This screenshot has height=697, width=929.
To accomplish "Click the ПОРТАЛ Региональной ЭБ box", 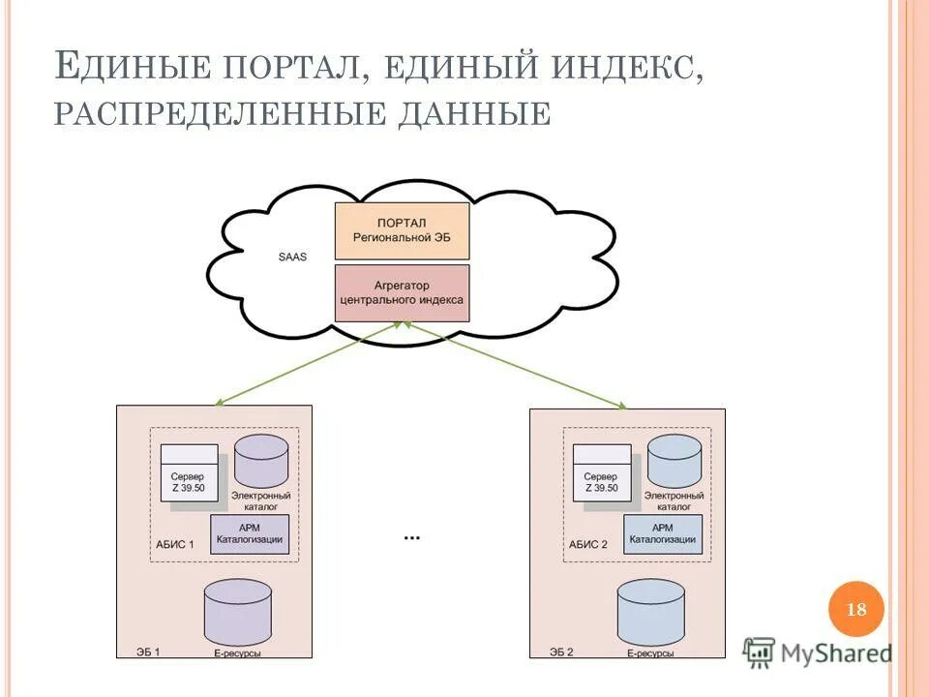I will [402, 229].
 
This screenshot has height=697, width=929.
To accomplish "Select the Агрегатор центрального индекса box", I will [402, 293].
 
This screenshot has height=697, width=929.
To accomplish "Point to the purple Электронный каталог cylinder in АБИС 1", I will [261, 461].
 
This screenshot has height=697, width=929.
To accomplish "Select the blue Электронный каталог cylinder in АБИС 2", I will [674, 461].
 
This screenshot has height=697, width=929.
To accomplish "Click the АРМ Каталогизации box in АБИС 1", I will [251, 533].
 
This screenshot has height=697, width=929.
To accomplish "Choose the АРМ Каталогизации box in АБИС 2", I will [663, 533].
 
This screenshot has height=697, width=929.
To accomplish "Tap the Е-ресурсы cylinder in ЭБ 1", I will [238, 610].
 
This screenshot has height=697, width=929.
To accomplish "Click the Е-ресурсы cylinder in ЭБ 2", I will [650, 610].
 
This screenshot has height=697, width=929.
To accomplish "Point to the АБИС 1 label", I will [175, 545].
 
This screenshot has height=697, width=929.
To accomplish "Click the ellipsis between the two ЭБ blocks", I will [411, 536].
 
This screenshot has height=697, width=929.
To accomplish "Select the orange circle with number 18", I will [856, 610].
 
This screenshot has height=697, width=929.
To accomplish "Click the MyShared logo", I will [818, 653].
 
